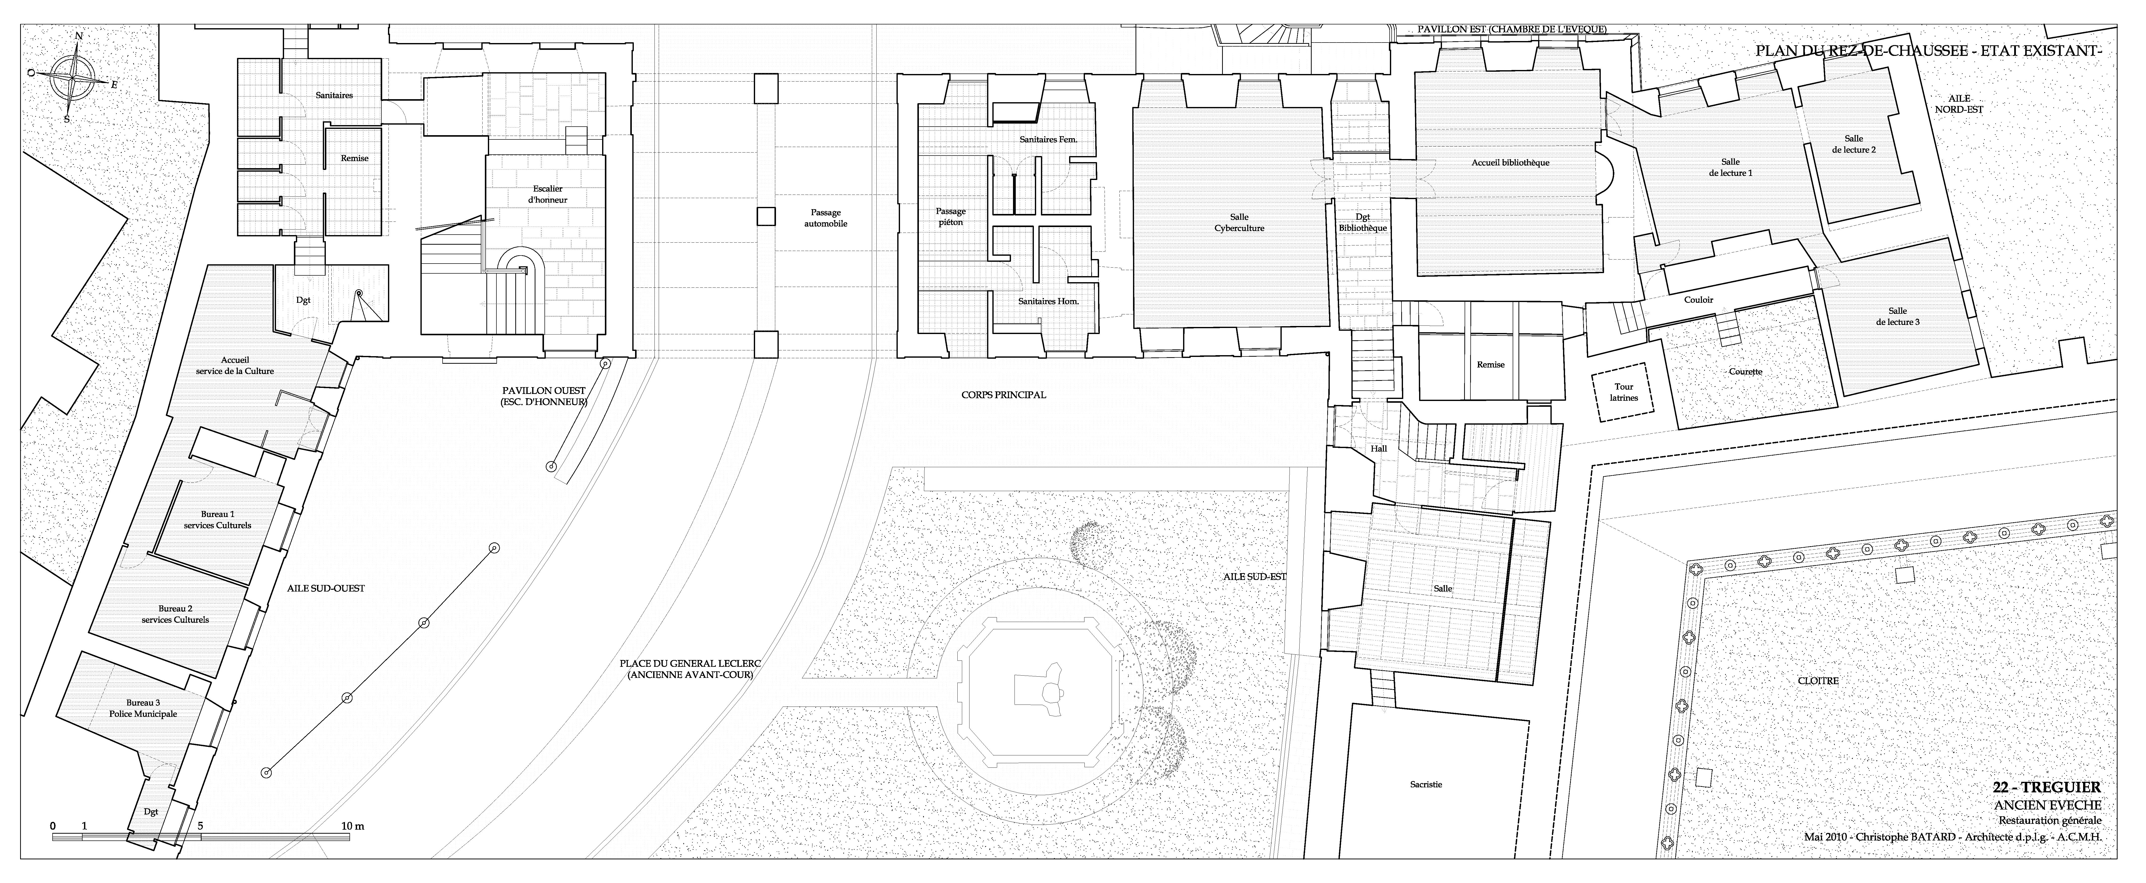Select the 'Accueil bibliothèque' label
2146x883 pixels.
[x=1509, y=162]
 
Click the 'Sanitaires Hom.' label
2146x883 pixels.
[x=1048, y=301]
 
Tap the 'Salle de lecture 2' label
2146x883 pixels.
[x=1854, y=144]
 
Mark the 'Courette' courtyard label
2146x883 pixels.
[x=1745, y=372]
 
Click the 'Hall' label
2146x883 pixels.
[x=1379, y=449]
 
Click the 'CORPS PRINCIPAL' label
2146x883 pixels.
[x=1003, y=395]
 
